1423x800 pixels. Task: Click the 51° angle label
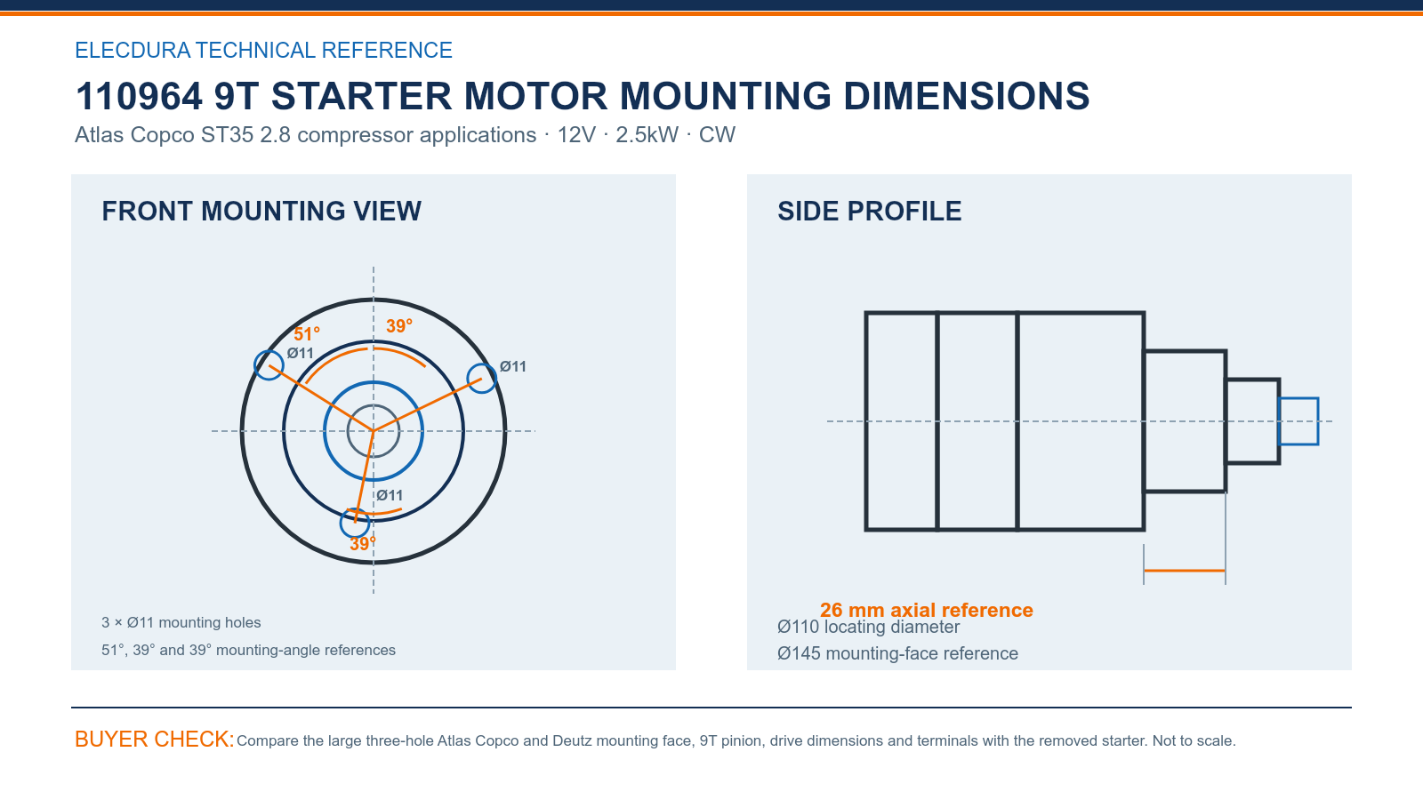tap(307, 334)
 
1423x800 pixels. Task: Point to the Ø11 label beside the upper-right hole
tap(512, 366)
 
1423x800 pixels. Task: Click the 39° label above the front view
tap(399, 325)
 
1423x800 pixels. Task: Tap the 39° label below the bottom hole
tap(363, 543)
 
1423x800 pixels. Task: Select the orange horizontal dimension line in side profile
tap(1184, 571)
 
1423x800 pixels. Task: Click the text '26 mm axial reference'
tap(926, 610)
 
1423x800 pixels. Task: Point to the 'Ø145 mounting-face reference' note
tap(897, 653)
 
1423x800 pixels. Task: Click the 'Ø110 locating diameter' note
tap(868, 627)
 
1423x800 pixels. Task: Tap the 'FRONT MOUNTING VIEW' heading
tap(261, 211)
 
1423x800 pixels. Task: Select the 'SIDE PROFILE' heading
tap(869, 211)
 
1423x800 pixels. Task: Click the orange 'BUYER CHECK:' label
tap(155, 739)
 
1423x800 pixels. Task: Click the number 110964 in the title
tap(139, 96)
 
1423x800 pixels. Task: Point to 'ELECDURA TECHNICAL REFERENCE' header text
tap(263, 50)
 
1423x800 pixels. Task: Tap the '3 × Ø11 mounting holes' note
tap(181, 622)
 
